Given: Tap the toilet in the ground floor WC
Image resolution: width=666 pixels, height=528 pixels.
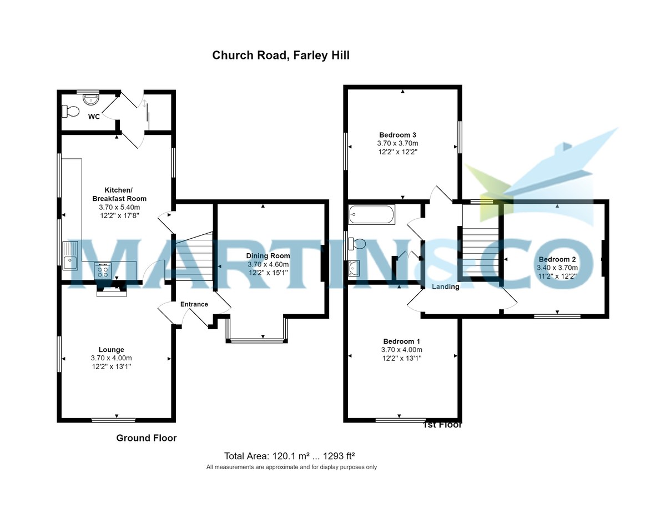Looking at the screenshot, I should (70, 112).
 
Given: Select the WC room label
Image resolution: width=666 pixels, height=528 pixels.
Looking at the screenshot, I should (93, 117).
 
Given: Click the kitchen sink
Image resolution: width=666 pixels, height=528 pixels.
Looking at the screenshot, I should (70, 256).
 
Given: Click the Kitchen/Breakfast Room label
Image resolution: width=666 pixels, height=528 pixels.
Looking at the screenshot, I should (119, 194).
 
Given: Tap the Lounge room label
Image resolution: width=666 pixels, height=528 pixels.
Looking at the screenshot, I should (112, 350).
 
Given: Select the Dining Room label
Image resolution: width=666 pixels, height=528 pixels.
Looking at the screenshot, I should (268, 256).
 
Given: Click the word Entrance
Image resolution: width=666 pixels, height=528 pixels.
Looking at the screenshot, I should (194, 304).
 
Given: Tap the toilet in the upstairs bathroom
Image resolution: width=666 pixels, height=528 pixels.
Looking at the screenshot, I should (357, 244).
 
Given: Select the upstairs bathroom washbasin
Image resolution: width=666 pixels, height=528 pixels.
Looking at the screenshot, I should (355, 269).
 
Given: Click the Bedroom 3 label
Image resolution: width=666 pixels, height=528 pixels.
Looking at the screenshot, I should (397, 135).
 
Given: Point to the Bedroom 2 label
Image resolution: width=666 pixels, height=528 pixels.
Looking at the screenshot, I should (557, 259).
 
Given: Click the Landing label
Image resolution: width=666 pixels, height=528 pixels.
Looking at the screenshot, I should (446, 287).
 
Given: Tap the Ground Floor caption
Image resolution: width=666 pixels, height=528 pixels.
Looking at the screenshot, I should (146, 438).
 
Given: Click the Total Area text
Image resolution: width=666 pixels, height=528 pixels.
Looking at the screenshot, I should (289, 456).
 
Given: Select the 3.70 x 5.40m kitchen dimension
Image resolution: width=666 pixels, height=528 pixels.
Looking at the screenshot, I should (119, 207).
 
